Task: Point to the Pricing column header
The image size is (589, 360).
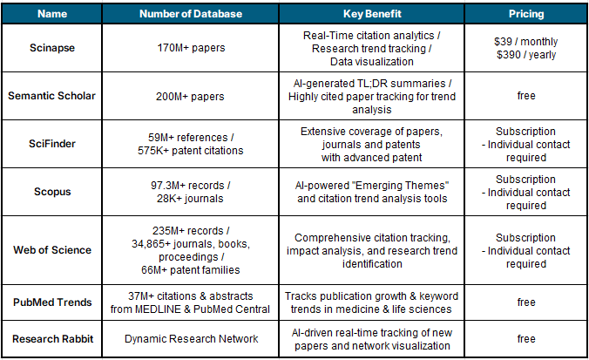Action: [x=525, y=15]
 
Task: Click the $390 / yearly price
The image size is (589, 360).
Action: [x=525, y=55]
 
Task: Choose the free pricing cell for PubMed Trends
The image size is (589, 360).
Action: [x=525, y=302]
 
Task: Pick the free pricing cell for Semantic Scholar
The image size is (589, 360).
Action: [x=525, y=96]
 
